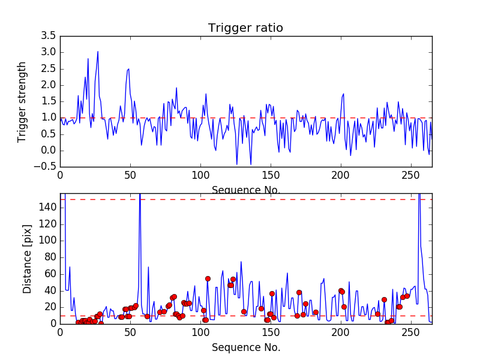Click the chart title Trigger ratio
pyautogui.click(x=245, y=28)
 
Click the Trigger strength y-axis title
pyautogui.click(x=22, y=101)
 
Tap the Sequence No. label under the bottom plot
pyautogui.click(x=245, y=348)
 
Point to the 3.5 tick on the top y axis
pyautogui.click(x=48, y=36)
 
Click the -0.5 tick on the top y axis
pyautogui.click(x=46, y=167)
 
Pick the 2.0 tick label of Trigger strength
pyautogui.click(x=48, y=85)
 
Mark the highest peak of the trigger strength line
pyautogui.click(x=98, y=52)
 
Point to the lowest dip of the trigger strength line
pyautogui.click(x=236, y=164)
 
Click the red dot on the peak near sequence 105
pyautogui.click(x=208, y=278)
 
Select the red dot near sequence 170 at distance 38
pyautogui.click(x=299, y=292)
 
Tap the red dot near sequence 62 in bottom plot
pyautogui.click(x=147, y=316)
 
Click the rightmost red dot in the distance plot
pyautogui.click(x=407, y=296)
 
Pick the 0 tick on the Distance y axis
pyautogui.click(x=53, y=323)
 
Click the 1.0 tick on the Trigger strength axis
pyautogui.click(x=48, y=118)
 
